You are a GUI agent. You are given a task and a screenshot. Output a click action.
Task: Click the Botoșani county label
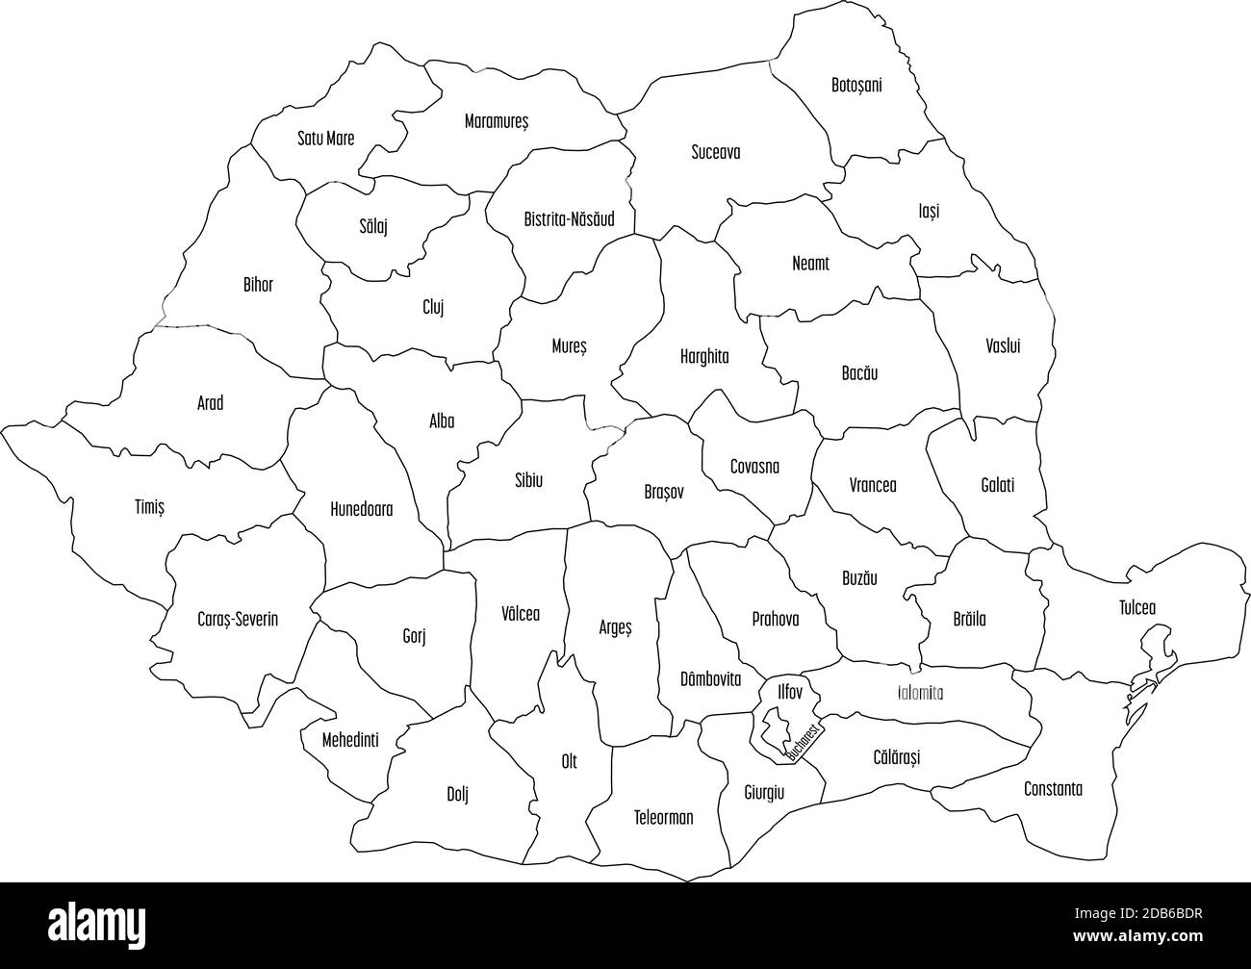[856, 86]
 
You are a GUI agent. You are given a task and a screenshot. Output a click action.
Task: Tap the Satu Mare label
[325, 139]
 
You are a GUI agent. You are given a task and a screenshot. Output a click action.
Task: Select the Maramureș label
[497, 122]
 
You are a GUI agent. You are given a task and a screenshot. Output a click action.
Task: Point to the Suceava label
[716, 152]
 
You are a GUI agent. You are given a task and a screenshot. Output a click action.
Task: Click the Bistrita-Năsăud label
[569, 219]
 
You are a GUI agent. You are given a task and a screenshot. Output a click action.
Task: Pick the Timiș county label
[149, 507]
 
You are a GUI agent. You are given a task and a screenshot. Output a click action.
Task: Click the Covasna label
[754, 468]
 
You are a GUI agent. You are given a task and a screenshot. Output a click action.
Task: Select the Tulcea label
[1137, 608]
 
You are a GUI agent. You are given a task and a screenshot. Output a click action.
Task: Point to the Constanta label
[1053, 789]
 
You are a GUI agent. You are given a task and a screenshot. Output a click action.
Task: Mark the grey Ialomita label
[920, 693]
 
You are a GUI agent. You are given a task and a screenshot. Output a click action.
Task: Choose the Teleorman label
[663, 818]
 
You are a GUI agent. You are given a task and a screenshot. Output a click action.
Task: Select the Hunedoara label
[361, 510]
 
